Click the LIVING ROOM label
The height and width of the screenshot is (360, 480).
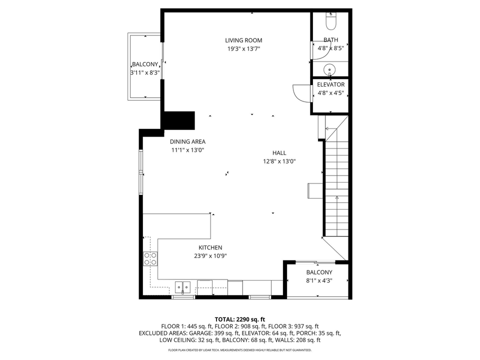243,40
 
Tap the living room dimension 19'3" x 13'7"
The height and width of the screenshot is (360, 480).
243,48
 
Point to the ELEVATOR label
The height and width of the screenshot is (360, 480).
330,84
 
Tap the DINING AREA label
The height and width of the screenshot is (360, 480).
187,141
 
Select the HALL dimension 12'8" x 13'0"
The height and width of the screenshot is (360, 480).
279,161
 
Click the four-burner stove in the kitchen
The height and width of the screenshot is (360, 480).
150,258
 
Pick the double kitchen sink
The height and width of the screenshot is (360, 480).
182,287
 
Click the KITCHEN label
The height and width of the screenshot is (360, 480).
210,247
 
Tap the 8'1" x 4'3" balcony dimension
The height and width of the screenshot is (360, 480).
319,280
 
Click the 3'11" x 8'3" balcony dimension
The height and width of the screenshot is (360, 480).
145,72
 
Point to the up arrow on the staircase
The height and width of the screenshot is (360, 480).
336,198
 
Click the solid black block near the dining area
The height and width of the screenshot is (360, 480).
177,120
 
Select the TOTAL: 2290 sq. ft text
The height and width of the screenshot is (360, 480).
240,319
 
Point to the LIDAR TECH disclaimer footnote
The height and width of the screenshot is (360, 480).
240,350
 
